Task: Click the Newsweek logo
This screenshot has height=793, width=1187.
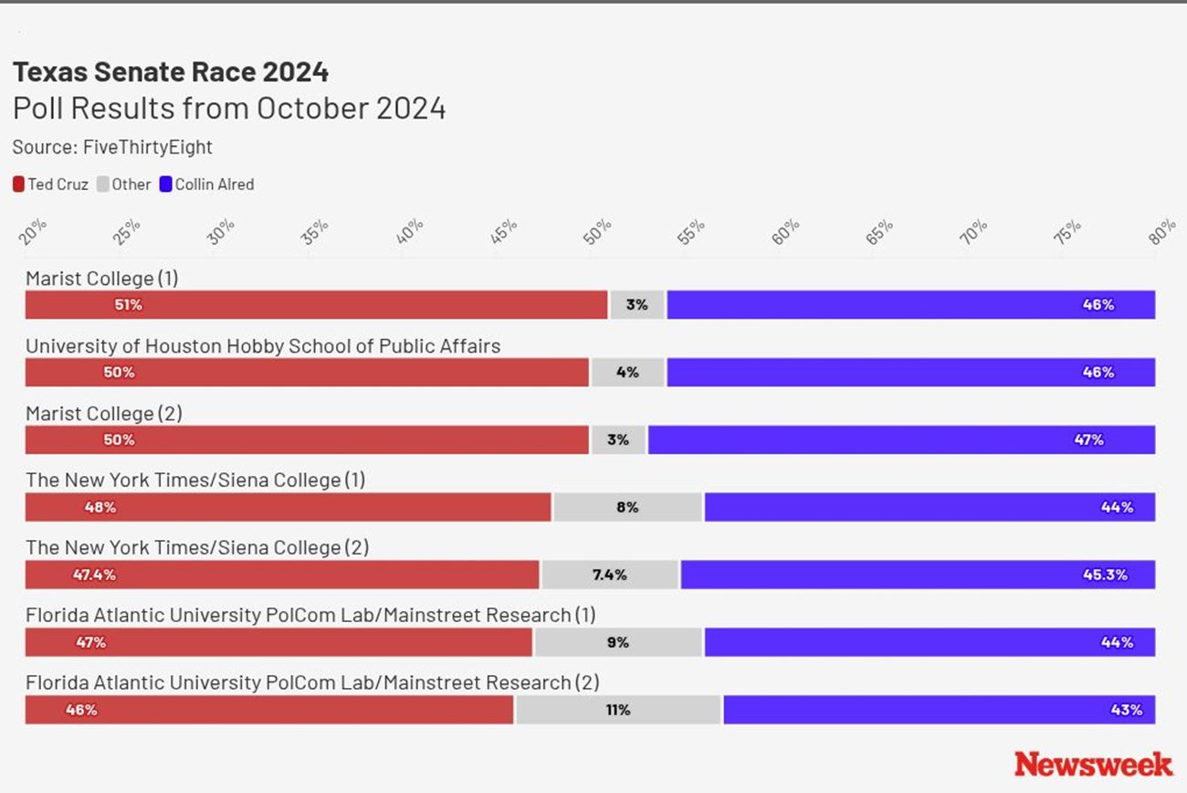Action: coord(1093,764)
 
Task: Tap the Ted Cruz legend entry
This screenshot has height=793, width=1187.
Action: coord(51,185)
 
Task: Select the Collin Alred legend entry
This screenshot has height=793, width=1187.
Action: coord(207,185)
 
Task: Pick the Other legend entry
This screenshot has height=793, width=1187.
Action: coord(124,185)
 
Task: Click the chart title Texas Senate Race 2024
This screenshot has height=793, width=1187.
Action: coord(171,72)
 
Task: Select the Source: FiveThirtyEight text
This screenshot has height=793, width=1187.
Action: coord(112,147)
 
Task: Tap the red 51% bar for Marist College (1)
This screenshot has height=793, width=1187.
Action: coord(316,305)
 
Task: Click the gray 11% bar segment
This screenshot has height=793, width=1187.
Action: coord(618,710)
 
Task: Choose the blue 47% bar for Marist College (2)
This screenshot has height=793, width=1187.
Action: coord(901,439)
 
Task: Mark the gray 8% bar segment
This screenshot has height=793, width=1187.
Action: coord(627,507)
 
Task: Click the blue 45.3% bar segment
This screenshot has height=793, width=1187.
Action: coord(918,575)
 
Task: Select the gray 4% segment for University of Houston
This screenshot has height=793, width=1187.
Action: coord(627,373)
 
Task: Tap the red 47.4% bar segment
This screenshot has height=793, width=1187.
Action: coord(282,575)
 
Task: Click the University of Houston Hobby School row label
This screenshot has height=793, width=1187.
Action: coord(263,346)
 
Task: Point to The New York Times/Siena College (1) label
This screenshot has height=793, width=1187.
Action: coord(195,481)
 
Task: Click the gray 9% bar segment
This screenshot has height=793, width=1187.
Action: coord(618,642)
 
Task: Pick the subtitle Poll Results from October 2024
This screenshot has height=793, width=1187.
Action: coord(229,109)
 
